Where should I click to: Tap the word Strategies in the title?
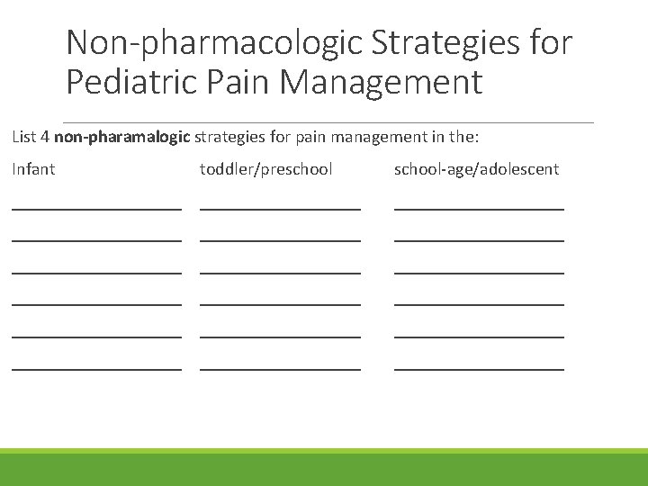click(437, 41)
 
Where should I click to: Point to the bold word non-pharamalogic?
click(122, 137)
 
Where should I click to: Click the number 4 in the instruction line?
click(44, 137)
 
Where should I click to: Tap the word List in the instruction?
click(23, 137)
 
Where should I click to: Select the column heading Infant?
click(33, 168)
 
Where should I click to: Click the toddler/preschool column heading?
click(265, 168)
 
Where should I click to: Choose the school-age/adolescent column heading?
click(476, 168)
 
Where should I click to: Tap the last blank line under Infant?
click(96, 368)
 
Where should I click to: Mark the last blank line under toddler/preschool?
click(280, 368)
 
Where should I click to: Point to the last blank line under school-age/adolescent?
click(479, 368)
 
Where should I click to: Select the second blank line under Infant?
click(96, 240)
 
